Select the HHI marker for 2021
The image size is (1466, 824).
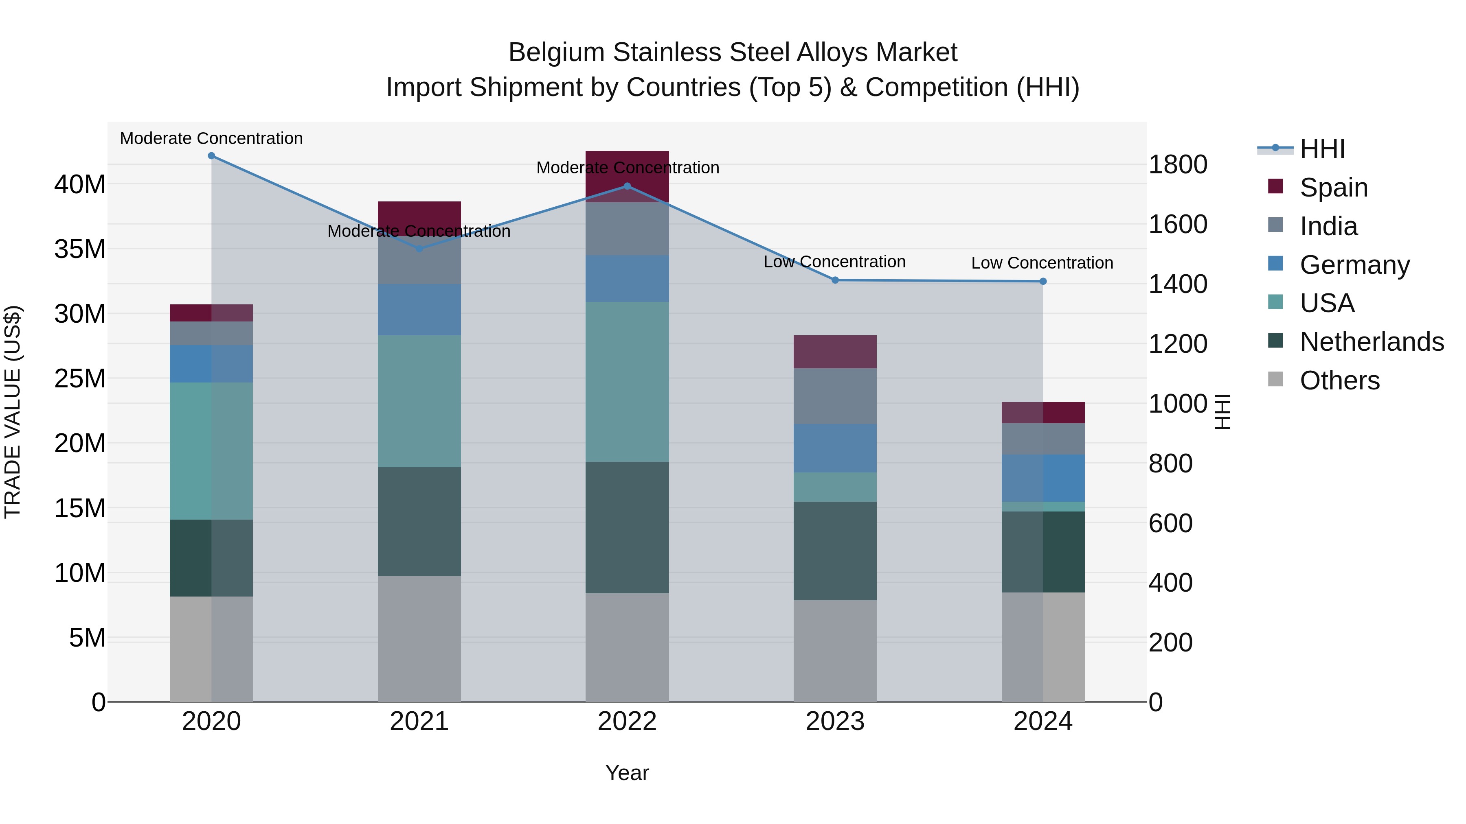pyautogui.click(x=419, y=249)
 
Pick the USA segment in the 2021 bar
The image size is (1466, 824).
pyautogui.click(x=419, y=401)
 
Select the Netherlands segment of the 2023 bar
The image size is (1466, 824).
pyautogui.click(x=835, y=551)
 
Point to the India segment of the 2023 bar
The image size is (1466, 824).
pyautogui.click(x=835, y=396)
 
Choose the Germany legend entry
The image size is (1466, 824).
pyautogui.click(x=1354, y=265)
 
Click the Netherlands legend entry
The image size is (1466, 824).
pyautogui.click(x=1372, y=342)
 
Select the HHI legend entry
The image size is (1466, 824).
pyautogui.click(x=1322, y=149)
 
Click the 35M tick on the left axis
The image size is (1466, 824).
pyautogui.click(x=80, y=249)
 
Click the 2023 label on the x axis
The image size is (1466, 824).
pyautogui.click(x=835, y=721)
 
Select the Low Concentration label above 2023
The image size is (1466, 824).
pyautogui.click(x=834, y=262)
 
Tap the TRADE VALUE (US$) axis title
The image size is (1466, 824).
pyautogui.click(x=13, y=412)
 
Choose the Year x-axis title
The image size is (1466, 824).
pyautogui.click(x=627, y=773)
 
